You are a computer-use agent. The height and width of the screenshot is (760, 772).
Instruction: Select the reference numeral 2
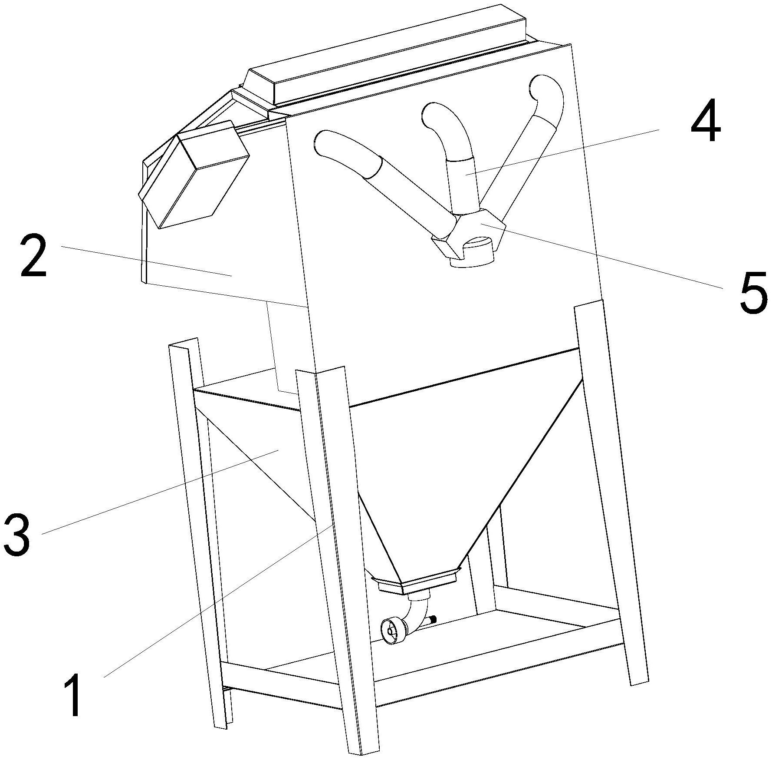point(34,255)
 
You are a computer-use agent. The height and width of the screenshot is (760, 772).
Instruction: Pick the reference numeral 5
point(753,292)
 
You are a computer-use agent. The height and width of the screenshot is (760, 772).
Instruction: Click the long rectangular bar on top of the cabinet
point(386,56)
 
